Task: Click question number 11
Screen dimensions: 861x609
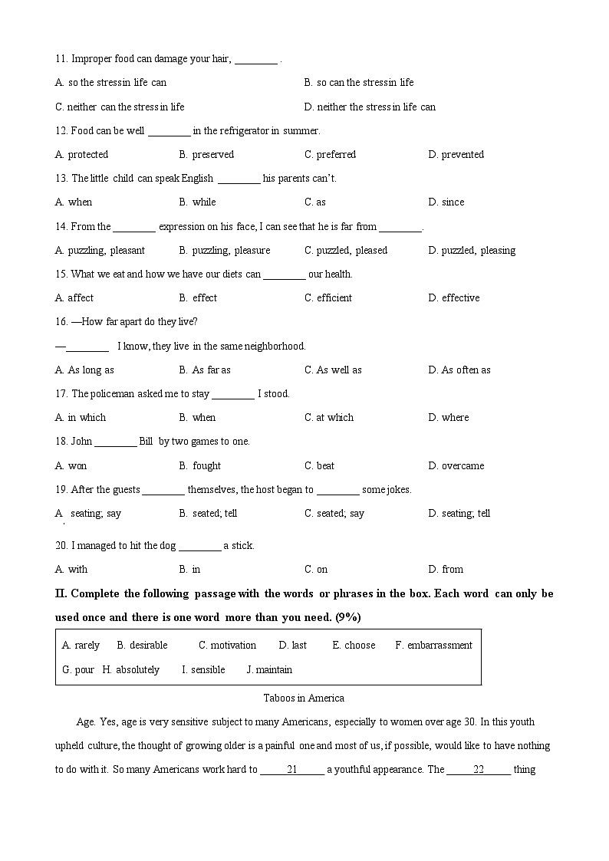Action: pos(61,59)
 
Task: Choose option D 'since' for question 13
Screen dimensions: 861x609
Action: pos(446,202)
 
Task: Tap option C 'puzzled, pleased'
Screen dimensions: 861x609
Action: pos(345,250)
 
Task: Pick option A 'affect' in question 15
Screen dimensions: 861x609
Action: pos(74,297)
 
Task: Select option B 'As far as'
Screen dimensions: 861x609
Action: pos(205,370)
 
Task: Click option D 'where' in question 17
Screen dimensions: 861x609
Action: pos(449,418)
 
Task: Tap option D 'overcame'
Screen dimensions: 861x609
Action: pos(456,465)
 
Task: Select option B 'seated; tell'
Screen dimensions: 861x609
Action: pos(208,514)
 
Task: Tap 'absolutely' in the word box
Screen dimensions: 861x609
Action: pos(137,670)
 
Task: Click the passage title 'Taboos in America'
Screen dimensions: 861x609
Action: pos(304,698)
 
